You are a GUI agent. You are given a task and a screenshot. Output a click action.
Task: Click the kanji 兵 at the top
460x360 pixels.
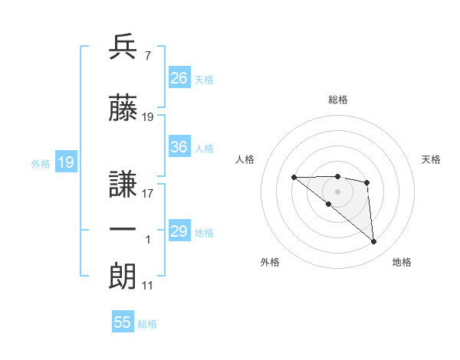pos(123,47)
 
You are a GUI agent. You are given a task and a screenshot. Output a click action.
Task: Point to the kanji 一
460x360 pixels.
pos(123,231)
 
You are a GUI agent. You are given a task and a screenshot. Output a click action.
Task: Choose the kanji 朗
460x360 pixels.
pos(123,277)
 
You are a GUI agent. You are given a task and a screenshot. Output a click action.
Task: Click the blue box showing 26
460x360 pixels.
pos(179,78)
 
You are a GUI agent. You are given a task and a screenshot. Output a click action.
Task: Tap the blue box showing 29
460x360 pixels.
pos(179,231)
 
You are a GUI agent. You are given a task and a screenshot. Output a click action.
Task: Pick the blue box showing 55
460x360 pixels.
pos(123,322)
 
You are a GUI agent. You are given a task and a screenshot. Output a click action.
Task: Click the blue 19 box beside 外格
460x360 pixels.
pos(65,162)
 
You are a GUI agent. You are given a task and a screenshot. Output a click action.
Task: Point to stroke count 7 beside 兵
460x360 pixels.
pos(147,56)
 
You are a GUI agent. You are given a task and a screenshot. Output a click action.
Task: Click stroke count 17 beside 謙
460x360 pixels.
pos(147,194)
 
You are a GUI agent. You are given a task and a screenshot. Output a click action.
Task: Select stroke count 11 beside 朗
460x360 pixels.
pos(147,286)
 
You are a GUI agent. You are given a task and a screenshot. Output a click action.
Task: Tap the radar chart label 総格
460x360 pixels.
pos(338,100)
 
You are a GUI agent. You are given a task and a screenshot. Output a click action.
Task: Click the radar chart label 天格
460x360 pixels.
pos(432,159)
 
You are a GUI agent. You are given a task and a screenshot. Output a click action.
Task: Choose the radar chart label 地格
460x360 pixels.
pos(402,263)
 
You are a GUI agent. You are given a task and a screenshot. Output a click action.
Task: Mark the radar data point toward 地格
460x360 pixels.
pos(373,242)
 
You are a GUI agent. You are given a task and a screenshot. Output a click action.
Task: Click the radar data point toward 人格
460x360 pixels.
pos(294,178)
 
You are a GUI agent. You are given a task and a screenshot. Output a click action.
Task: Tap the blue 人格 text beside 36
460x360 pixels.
pos(204,148)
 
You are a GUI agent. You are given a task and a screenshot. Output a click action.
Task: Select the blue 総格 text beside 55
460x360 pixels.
pos(147,323)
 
